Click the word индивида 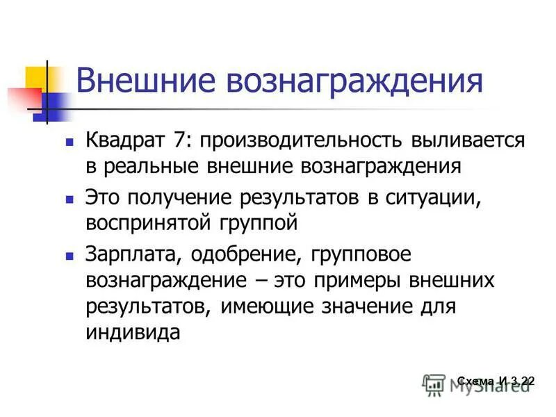tap(133, 332)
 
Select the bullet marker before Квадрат tap(69, 141)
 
